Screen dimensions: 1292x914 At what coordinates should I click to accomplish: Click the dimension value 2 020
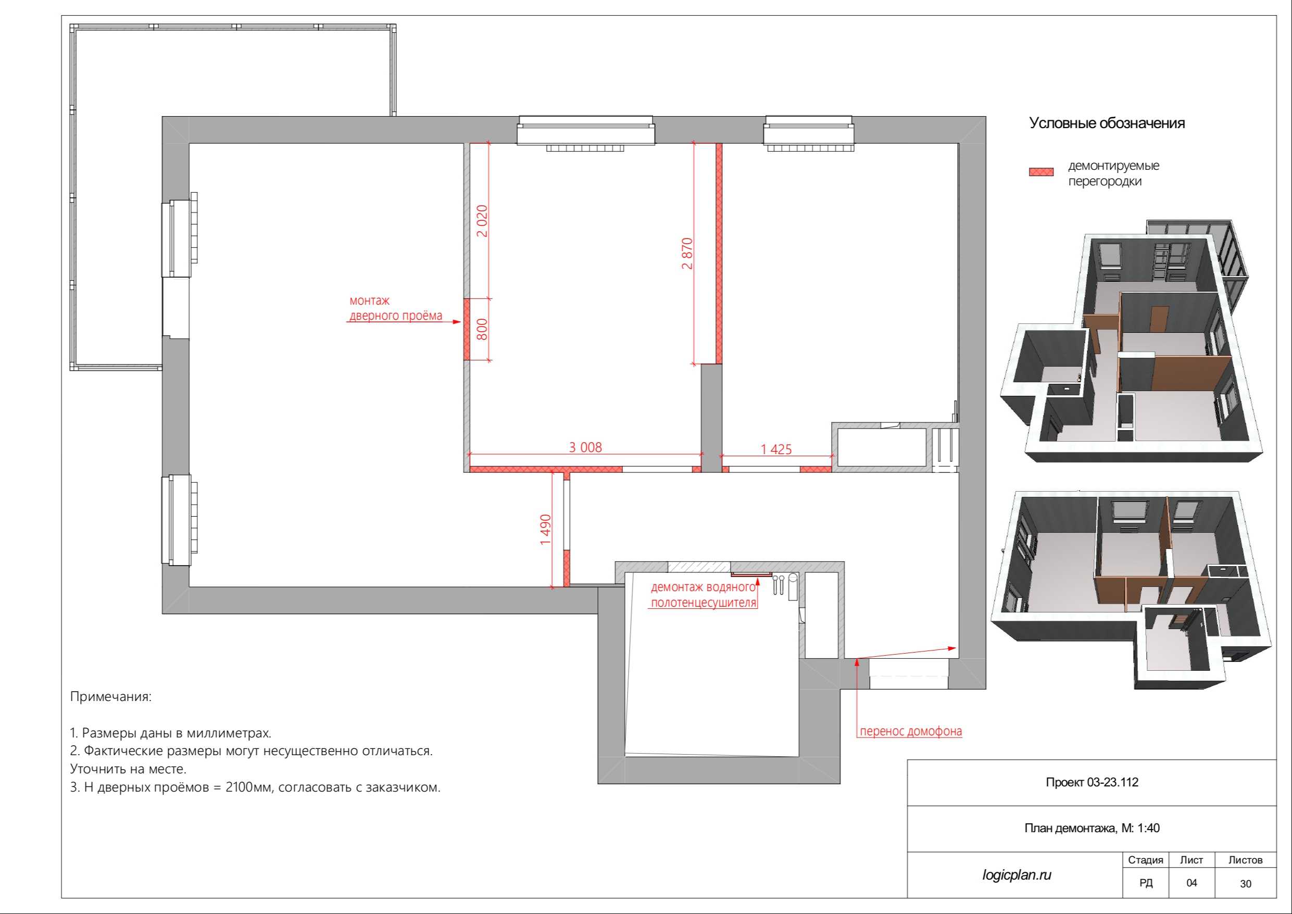coord(482,221)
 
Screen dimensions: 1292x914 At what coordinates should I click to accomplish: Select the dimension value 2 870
coord(687,253)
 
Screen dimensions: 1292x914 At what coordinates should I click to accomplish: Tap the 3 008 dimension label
coord(585,447)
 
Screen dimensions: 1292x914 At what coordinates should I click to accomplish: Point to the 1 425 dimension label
coord(776,449)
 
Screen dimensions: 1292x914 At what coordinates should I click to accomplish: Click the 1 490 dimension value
coord(545,529)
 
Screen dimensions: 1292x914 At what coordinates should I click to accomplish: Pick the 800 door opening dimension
coord(482,329)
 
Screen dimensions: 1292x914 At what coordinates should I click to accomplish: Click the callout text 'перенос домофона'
coord(910,731)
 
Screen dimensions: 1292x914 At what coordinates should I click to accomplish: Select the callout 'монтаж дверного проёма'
coord(396,308)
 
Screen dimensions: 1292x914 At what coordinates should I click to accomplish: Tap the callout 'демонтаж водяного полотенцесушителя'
coord(704,595)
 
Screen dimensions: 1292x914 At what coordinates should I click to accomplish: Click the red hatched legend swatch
coord(1041,172)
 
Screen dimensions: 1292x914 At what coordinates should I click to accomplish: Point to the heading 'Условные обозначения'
coord(1107,123)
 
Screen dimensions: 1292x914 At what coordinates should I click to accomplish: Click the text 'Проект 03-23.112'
coord(1092,782)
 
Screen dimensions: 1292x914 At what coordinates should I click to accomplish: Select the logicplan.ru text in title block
coord(1017,874)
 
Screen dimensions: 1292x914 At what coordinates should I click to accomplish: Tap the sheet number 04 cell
coord(1191,882)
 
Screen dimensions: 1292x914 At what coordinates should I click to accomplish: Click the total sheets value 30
coord(1245,884)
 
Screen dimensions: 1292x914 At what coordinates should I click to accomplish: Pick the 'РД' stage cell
coord(1146,882)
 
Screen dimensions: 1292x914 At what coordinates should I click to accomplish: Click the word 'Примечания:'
coord(111,697)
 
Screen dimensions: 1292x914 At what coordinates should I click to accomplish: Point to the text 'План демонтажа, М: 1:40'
coord(1092,828)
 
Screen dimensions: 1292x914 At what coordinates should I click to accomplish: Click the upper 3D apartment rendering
coord(1131,341)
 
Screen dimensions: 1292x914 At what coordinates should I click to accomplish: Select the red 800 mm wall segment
coord(467,329)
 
